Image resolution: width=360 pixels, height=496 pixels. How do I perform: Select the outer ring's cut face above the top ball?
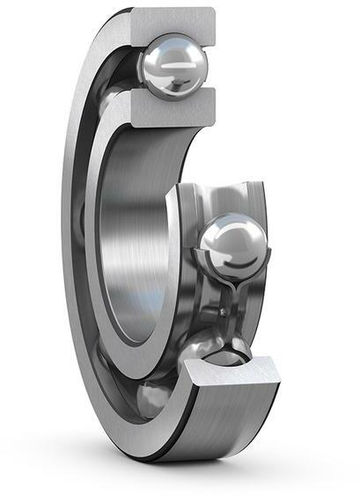pyautogui.click(x=171, y=22)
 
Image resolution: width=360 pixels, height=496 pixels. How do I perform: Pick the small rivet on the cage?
pyautogui.click(x=225, y=309)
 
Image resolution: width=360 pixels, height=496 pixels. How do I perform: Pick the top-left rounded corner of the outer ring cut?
pyautogui.click(x=135, y=12)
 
